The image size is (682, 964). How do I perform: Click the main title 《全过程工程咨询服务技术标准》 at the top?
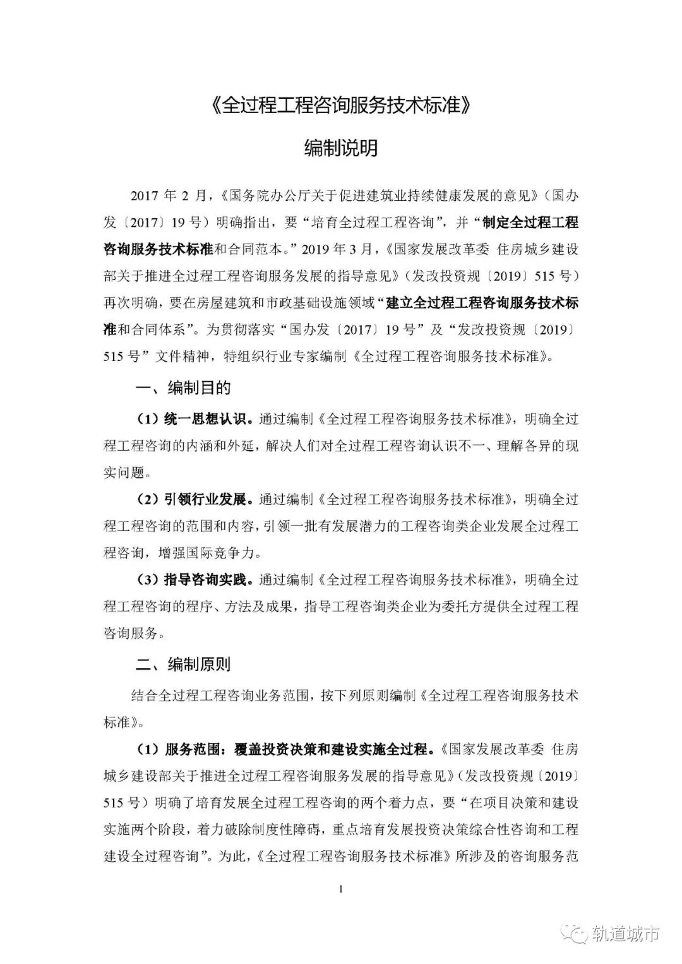341,105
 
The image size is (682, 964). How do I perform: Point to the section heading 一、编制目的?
183,388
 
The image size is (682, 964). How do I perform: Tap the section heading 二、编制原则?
183,664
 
